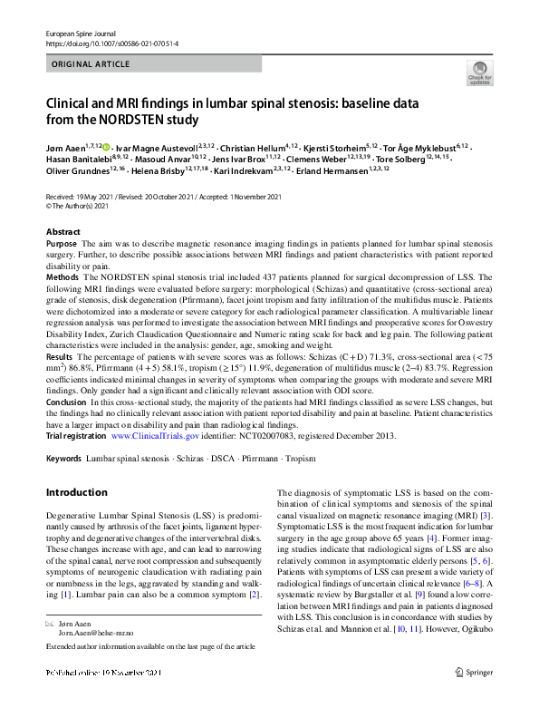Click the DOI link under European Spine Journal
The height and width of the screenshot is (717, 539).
click(x=111, y=43)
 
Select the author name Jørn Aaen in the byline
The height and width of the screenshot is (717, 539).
click(x=65, y=146)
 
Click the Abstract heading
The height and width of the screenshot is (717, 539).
click(x=63, y=232)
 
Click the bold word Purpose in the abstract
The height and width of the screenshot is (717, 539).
click(x=61, y=245)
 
